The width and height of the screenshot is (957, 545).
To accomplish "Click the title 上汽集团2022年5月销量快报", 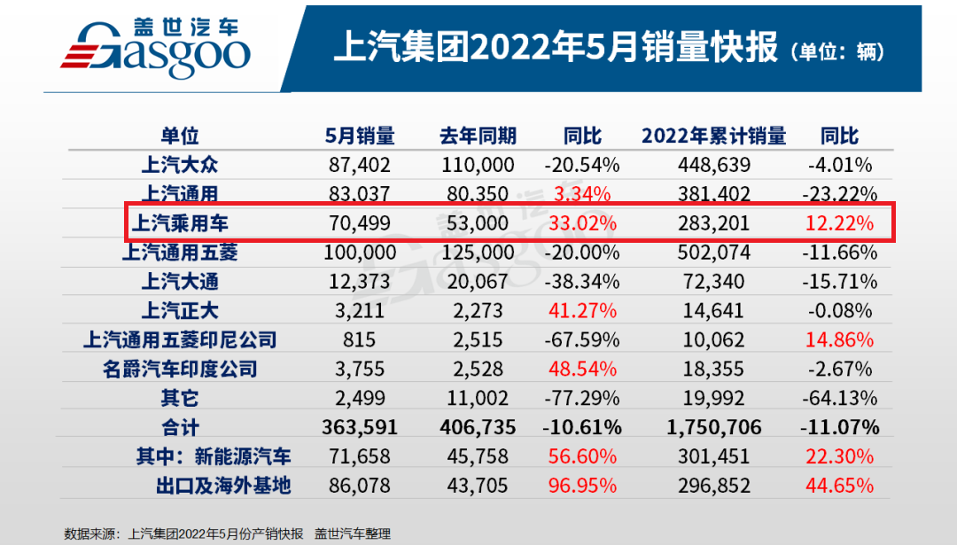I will pos(556,47).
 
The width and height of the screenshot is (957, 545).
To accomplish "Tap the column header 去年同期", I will pos(478,136).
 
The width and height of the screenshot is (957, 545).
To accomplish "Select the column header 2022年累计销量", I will pos(713,136).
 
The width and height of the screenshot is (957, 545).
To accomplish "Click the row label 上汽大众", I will pos(179,165).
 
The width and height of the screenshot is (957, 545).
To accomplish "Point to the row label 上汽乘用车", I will pos(179,223).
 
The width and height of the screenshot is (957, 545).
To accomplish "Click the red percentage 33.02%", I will pos(583,223).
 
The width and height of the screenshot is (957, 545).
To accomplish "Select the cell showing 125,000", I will pos(478,253).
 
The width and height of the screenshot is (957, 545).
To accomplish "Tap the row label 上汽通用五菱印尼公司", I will pos(179,339).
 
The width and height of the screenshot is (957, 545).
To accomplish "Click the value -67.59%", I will pos(583,339).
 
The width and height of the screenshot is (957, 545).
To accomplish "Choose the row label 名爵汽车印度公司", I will pos(179,369).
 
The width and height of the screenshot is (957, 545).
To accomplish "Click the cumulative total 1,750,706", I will pos(713,427).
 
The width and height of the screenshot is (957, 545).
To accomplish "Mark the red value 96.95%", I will pos(583,486).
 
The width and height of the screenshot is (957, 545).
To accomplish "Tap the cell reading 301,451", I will pos(713,456).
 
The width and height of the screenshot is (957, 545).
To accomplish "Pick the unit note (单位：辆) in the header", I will pos(837,51).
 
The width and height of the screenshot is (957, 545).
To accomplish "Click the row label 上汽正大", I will pos(179,311).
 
